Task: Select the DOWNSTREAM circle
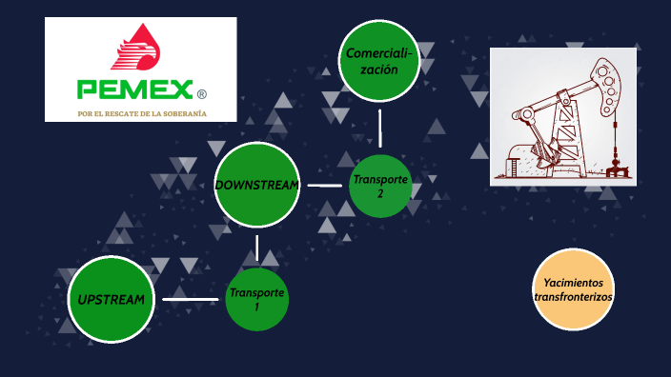coord(257,185)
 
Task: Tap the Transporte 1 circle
coord(257,300)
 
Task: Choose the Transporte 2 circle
coord(380,186)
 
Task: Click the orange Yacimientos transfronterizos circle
coord(573,289)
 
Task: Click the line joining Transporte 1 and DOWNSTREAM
coord(257,248)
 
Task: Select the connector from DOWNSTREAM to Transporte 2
coord(325,185)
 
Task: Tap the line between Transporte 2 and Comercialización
coord(379,128)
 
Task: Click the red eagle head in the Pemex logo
coord(139,50)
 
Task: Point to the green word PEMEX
coord(132,91)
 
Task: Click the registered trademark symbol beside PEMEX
coord(201,93)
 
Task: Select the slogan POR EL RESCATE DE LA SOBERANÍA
coord(142,114)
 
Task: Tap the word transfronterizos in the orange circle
coord(573,297)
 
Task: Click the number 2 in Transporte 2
coord(380,194)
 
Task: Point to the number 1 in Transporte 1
coord(256,308)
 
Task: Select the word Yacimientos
coord(573,283)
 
